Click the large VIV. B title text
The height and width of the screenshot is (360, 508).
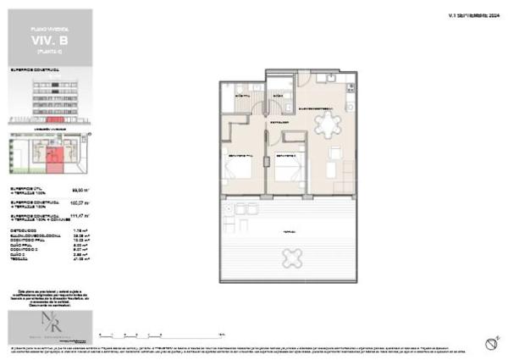[50, 39]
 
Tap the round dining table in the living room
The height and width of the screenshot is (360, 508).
[326, 125]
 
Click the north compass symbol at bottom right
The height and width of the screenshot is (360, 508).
[490, 342]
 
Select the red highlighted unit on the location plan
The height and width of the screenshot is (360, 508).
[53, 158]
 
